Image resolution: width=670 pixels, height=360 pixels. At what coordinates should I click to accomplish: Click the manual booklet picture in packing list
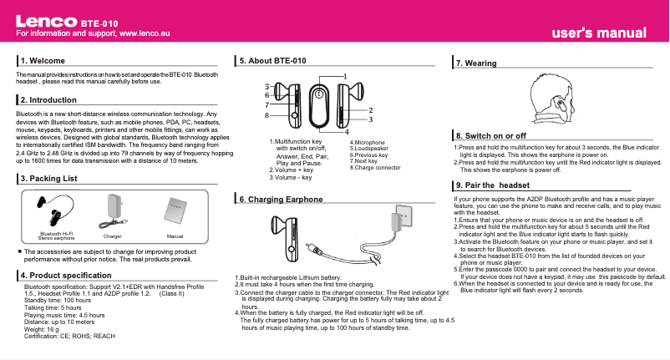[x=175, y=210]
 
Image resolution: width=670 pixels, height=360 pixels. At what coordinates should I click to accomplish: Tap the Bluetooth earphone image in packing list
[x=52, y=206]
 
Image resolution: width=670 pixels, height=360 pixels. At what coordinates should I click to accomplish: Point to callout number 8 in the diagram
[x=266, y=116]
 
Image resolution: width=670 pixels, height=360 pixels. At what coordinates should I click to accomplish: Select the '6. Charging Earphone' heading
[x=280, y=200]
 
